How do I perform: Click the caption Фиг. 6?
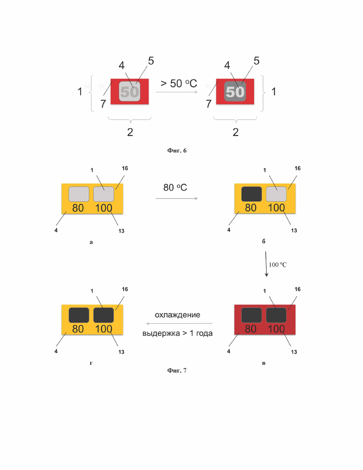pos(177,150)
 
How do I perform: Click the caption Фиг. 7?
pos(177,370)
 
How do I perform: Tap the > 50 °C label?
pos(179,83)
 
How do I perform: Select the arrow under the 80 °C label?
pos(176,198)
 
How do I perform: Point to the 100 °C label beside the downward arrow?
pos(278,265)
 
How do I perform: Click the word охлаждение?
pos(177,315)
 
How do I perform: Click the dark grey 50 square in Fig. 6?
pos(235,91)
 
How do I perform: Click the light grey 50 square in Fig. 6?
pos(130,91)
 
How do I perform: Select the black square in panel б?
pos(252,194)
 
